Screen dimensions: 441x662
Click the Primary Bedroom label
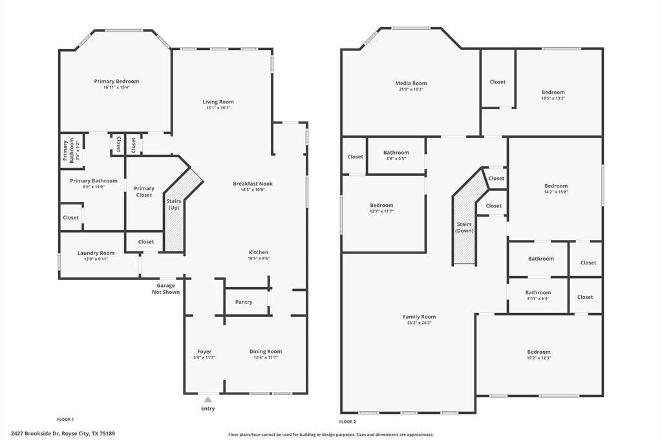[116, 81]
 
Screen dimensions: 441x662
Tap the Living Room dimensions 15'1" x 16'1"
[218, 108]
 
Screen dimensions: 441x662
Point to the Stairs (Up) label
[175, 204]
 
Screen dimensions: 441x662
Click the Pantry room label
[244, 302]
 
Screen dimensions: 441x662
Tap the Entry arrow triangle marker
[208, 400]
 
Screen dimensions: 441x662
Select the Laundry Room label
[96, 253]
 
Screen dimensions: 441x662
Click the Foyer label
[204, 352]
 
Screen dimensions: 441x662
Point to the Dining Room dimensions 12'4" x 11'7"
[266, 358]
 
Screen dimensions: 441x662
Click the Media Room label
[411, 83]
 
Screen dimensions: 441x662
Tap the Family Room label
[419, 317]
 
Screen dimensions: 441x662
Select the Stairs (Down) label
[464, 227]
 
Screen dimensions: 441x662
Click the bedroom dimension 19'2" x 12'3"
[539, 358]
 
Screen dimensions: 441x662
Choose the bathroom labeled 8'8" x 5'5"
[396, 158]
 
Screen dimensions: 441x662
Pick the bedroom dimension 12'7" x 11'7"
[381, 211]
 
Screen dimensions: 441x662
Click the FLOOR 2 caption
[348, 421]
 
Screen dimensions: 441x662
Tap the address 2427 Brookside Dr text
[63, 434]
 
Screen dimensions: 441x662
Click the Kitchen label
[259, 252]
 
